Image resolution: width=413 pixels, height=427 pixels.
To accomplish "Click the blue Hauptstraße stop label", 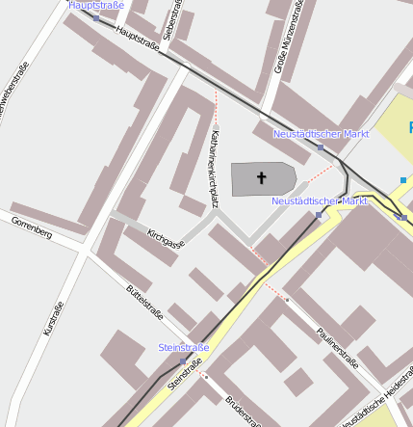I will point(96,6).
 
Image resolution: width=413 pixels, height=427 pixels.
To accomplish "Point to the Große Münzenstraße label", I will point(289,39).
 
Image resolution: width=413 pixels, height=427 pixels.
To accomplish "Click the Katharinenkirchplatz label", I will point(213,169).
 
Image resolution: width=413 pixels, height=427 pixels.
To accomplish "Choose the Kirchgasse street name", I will point(166,238).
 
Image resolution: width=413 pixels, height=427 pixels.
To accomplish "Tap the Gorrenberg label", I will point(32,227).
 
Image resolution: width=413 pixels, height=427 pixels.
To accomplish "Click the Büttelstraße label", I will point(145,302).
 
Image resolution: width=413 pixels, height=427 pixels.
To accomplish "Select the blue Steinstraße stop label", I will point(183,347).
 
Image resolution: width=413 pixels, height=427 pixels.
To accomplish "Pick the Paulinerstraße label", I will point(337,348).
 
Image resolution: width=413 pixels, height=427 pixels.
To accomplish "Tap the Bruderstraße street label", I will point(243,410).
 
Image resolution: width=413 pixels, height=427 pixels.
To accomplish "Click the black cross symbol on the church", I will point(261,177).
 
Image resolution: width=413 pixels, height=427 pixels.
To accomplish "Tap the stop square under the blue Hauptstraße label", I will point(96,18).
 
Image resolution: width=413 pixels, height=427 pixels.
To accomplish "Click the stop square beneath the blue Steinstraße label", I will point(183,360).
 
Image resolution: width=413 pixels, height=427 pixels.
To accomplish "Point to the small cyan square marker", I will point(403,180).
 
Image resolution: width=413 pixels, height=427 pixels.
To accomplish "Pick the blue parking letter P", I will point(408,127).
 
